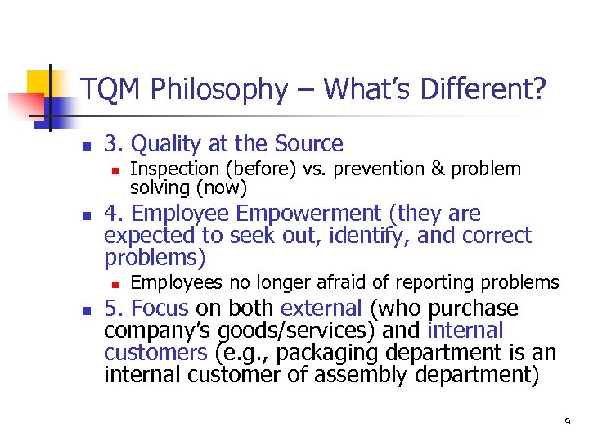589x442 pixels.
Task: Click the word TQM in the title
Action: tap(107, 91)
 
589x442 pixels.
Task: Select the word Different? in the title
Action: tap(483, 91)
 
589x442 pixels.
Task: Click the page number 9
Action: tap(568, 422)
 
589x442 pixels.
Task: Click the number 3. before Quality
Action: tap(114, 144)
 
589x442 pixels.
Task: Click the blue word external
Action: tap(321, 309)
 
